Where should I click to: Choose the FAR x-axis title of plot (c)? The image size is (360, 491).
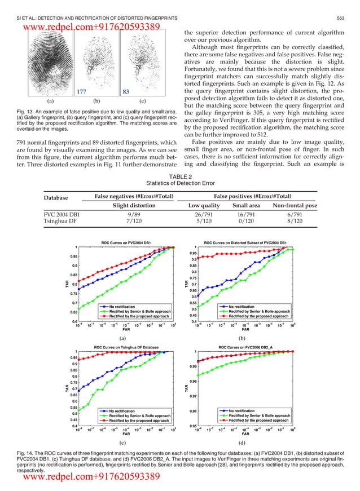click(x=126, y=435)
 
